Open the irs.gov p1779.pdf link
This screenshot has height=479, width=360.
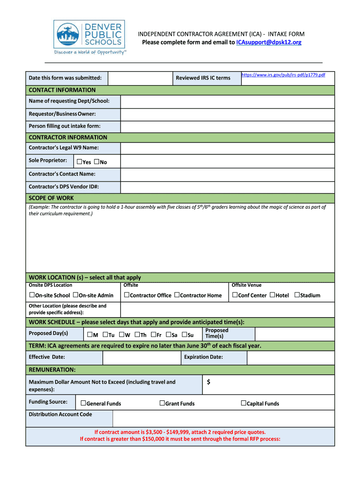pyautogui.click(x=283, y=75)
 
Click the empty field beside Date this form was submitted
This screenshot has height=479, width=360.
pyautogui.click(x=140, y=78)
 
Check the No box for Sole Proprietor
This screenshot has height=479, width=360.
pyautogui.click(x=96, y=162)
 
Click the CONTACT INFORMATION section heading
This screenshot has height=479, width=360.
pyautogui.click(x=62, y=90)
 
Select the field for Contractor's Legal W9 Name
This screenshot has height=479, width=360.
pyautogui.click(x=227, y=148)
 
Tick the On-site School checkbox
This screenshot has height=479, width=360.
pyautogui.click(x=32, y=295)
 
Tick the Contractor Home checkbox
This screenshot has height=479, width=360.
pyautogui.click(x=177, y=295)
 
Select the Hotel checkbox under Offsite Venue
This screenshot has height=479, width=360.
pyautogui.click(x=272, y=295)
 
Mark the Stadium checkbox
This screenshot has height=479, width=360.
pyautogui.click(x=296, y=295)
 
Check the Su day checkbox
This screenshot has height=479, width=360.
pyautogui.click(x=184, y=334)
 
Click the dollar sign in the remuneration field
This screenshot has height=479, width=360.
pyautogui.click(x=209, y=382)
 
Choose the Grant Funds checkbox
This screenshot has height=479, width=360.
pyautogui.click(x=162, y=403)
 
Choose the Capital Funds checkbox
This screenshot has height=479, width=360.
pyautogui.click(x=244, y=403)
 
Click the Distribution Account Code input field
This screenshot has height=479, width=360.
pyautogui.click(x=223, y=418)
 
